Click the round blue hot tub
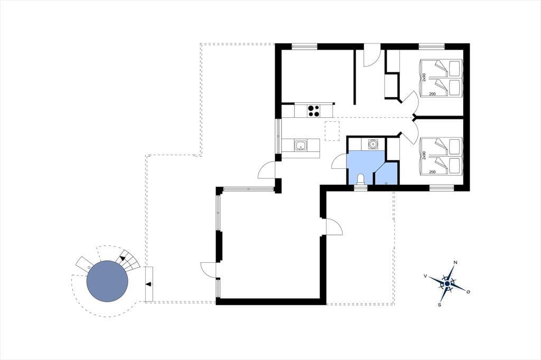pyautogui.click(x=107, y=281)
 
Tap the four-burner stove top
pyautogui.click(x=72, y=110)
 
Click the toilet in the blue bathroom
pyautogui.click(x=361, y=181)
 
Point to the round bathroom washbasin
pyautogui.click(x=372, y=144)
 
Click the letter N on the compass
pyautogui.click(x=455, y=262)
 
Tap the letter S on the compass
pyautogui.click(x=440, y=305)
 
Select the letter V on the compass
pyautogui.click(x=425, y=276)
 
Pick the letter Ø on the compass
pyautogui.click(x=468, y=292)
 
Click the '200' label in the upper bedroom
pyautogui.click(x=432, y=94)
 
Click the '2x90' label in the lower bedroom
pyautogui.click(x=424, y=155)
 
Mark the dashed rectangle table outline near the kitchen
pyautogui.click(x=332, y=131)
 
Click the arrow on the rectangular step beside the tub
pyautogui.click(x=148, y=284)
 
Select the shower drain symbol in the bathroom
pyautogui.click(x=386, y=183)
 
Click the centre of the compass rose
pyautogui.click(x=447, y=283)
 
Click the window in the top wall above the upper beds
pyautogui.click(x=432, y=46)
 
